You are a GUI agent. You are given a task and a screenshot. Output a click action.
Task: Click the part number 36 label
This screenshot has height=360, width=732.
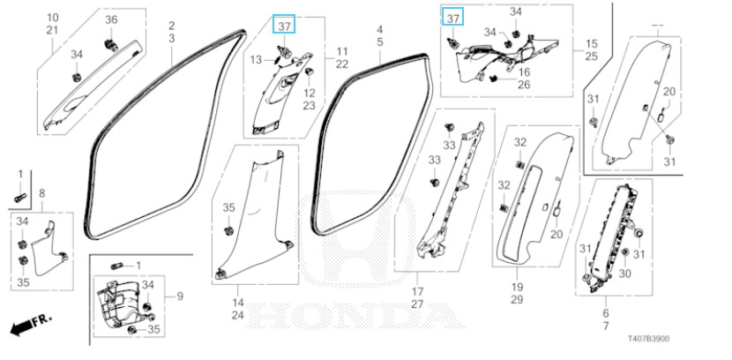pyautogui.click(x=111, y=19)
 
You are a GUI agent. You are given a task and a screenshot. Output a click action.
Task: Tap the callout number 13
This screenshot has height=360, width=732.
pyautogui.click(x=256, y=59)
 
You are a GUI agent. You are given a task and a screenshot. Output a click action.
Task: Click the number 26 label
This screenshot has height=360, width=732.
pyautogui.click(x=523, y=86)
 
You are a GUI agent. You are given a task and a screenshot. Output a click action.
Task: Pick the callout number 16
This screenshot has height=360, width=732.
pyautogui.click(x=523, y=71)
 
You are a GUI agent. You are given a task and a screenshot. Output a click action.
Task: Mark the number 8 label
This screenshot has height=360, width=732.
pyautogui.click(x=41, y=193)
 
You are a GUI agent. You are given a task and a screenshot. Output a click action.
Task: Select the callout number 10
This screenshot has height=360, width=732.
pyautogui.click(x=52, y=18)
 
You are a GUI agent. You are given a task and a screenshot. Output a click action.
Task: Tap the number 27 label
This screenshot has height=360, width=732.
pyautogui.click(x=417, y=304)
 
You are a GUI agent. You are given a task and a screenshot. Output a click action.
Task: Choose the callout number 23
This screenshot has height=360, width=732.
pyautogui.click(x=310, y=106)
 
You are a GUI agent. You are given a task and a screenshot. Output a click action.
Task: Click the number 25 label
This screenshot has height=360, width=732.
pyautogui.click(x=591, y=56)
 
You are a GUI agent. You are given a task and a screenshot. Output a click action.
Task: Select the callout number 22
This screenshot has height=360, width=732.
pyautogui.click(x=341, y=65)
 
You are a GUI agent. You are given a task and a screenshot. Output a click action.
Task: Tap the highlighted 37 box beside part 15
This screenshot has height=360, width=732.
pyautogui.click(x=453, y=19)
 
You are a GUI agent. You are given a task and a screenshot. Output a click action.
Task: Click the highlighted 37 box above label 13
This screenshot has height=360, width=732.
pyautogui.click(x=285, y=26)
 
